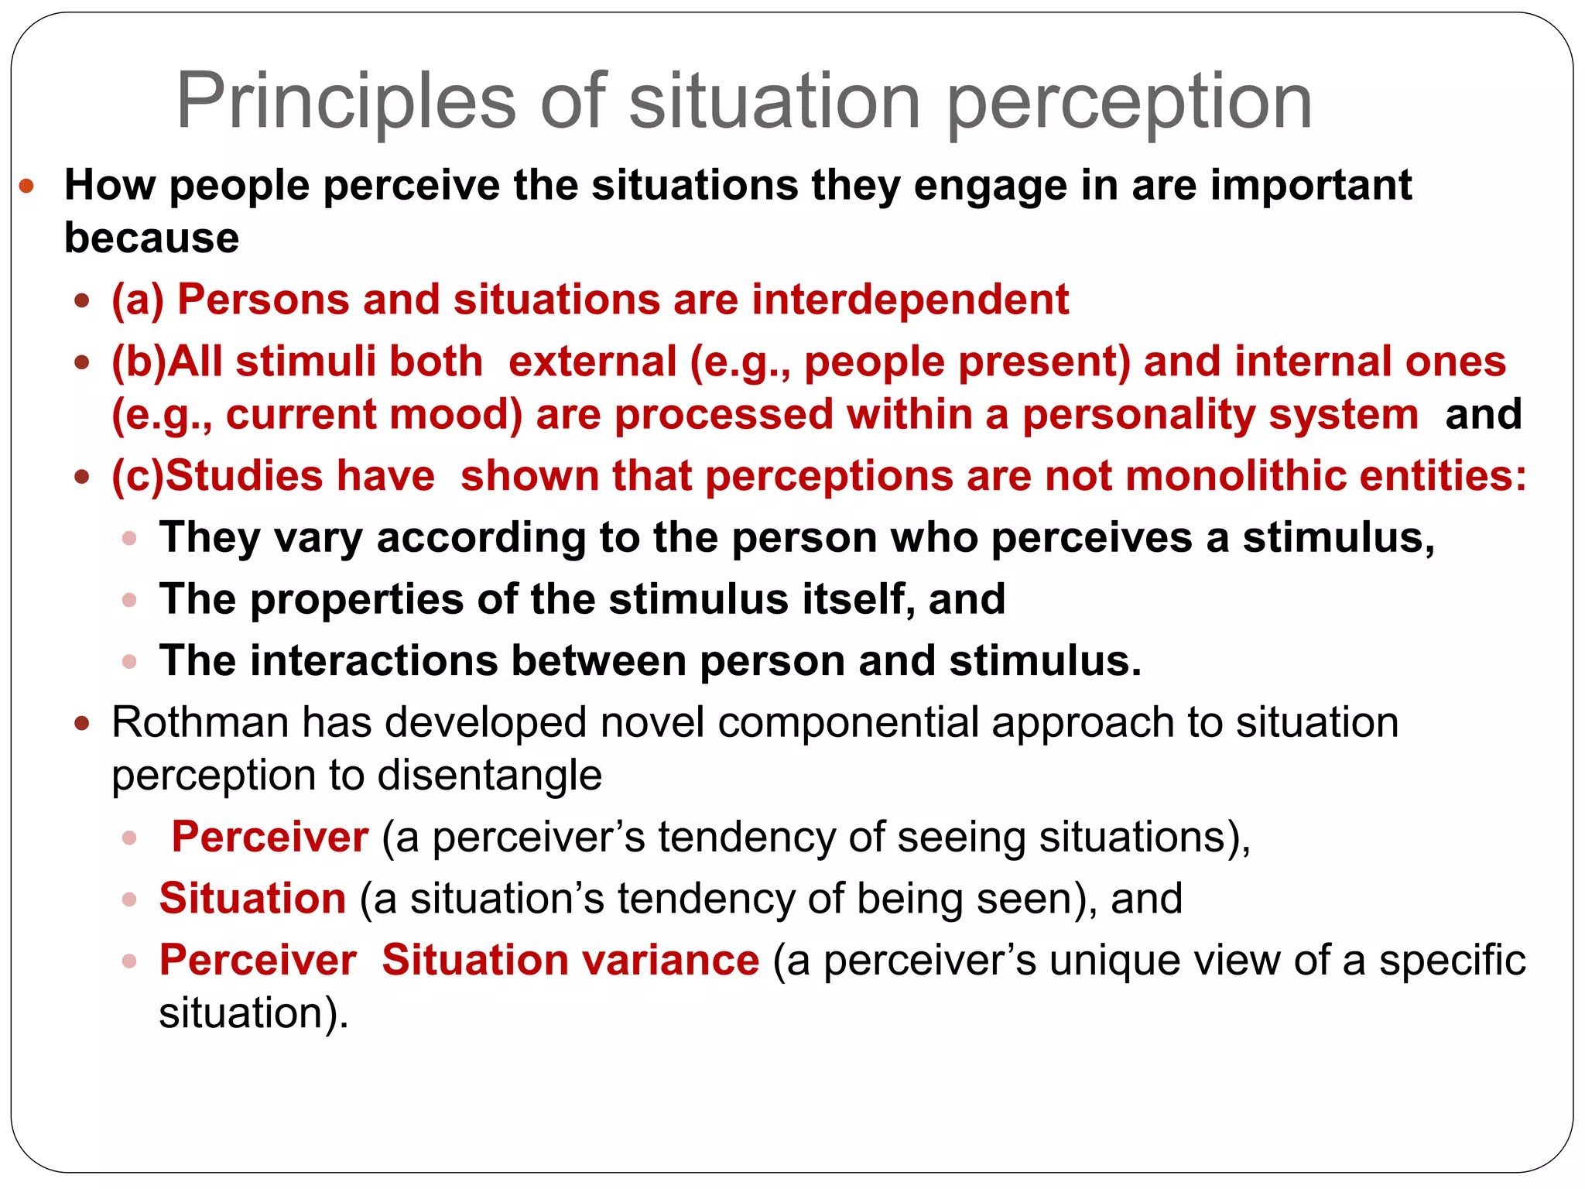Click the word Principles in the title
(x=346, y=102)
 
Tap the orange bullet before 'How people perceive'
(x=27, y=186)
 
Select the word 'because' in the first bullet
(x=152, y=238)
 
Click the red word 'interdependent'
(x=910, y=300)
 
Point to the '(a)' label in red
(x=138, y=300)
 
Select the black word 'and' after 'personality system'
(x=1483, y=414)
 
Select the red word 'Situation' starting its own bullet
(x=252, y=899)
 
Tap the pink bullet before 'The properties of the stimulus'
(x=130, y=600)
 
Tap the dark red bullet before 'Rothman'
(x=83, y=724)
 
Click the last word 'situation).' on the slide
(x=254, y=1013)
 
